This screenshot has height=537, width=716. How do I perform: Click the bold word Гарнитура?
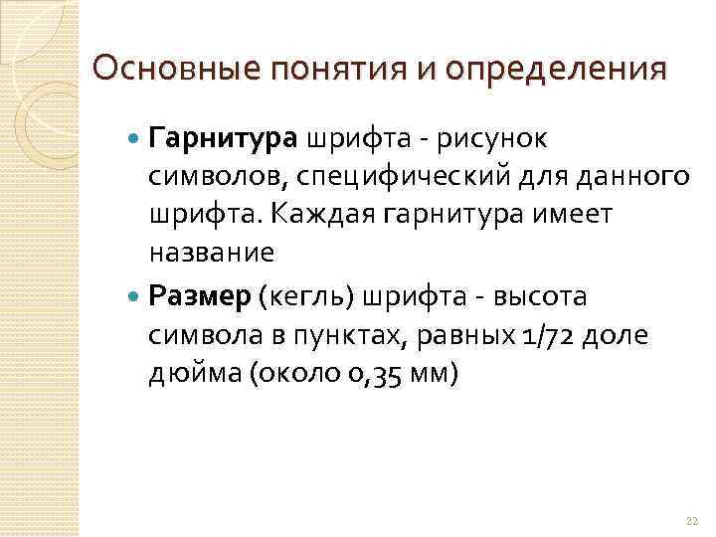223,136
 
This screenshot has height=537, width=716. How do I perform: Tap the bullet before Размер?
136,296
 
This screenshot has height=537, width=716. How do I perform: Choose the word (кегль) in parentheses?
308,296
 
